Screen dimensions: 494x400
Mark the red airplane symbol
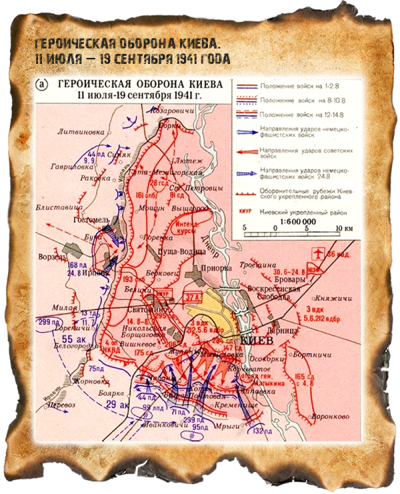click(x=319, y=253)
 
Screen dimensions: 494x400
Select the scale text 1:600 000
click(x=291, y=222)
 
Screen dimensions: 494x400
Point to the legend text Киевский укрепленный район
click(x=301, y=212)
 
